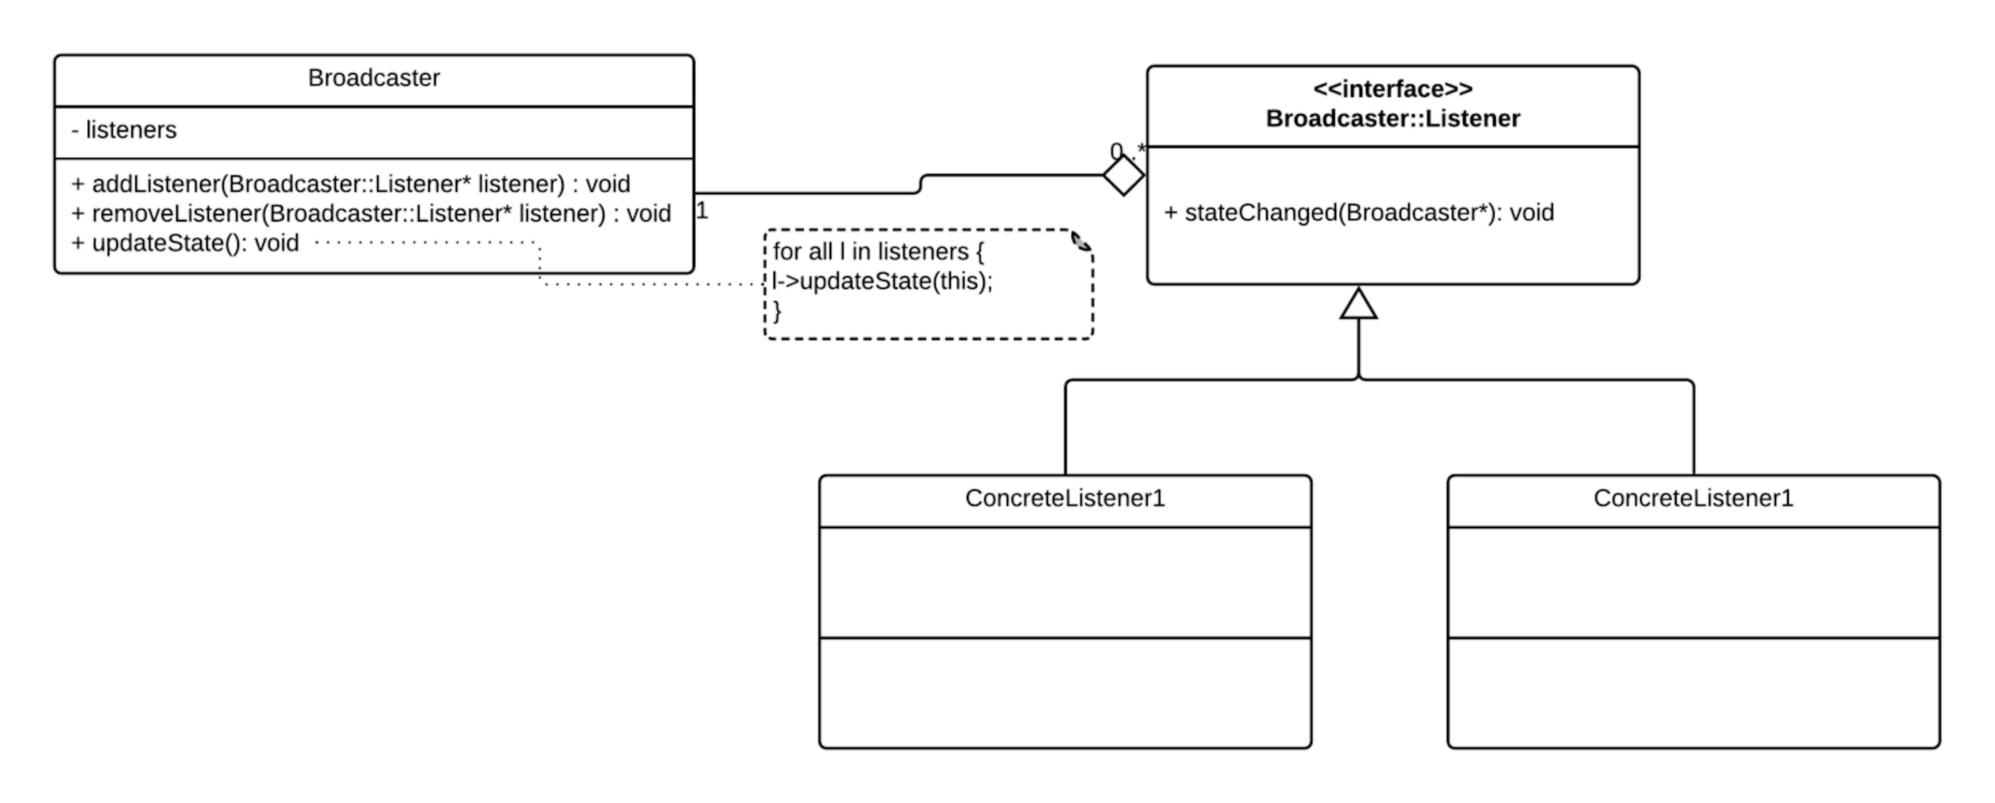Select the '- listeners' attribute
pyautogui.click(x=124, y=130)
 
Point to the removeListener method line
pyautogui.click(x=370, y=213)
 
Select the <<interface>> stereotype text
pyautogui.click(x=1392, y=89)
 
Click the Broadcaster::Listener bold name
pyautogui.click(x=1392, y=118)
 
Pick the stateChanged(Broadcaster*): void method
pyautogui.click(x=1359, y=213)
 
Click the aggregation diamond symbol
pyautogui.click(x=1123, y=175)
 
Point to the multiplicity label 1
pyautogui.click(x=702, y=211)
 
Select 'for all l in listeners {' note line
pyautogui.click(x=877, y=252)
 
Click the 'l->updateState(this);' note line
pyautogui.click(x=882, y=281)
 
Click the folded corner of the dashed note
pyautogui.click(x=1081, y=242)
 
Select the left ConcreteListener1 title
pyautogui.click(x=1065, y=498)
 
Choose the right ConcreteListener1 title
pyautogui.click(x=1693, y=498)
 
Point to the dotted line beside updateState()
pyautogui.click(x=426, y=243)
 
